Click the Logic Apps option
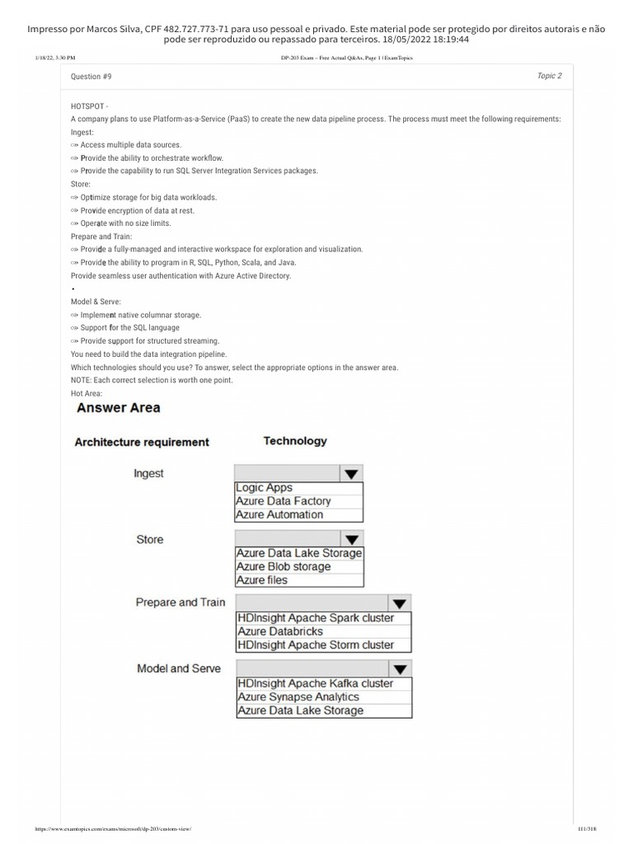tap(265, 488)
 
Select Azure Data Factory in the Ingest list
tap(284, 501)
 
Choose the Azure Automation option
tap(279, 514)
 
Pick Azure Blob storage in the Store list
tap(284, 567)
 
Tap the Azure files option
tap(262, 580)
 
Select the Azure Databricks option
tap(279, 631)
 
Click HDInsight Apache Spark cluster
tap(316, 618)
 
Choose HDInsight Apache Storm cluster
tap(316, 645)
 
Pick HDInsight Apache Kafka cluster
tap(316, 683)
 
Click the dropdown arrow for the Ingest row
tap(351, 474)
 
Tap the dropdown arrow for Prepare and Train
tap(400, 603)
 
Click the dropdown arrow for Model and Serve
tap(400, 669)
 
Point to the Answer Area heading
tap(118, 408)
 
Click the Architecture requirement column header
tap(142, 443)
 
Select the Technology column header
tap(295, 441)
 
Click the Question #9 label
tap(91, 77)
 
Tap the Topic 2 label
tap(549, 76)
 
